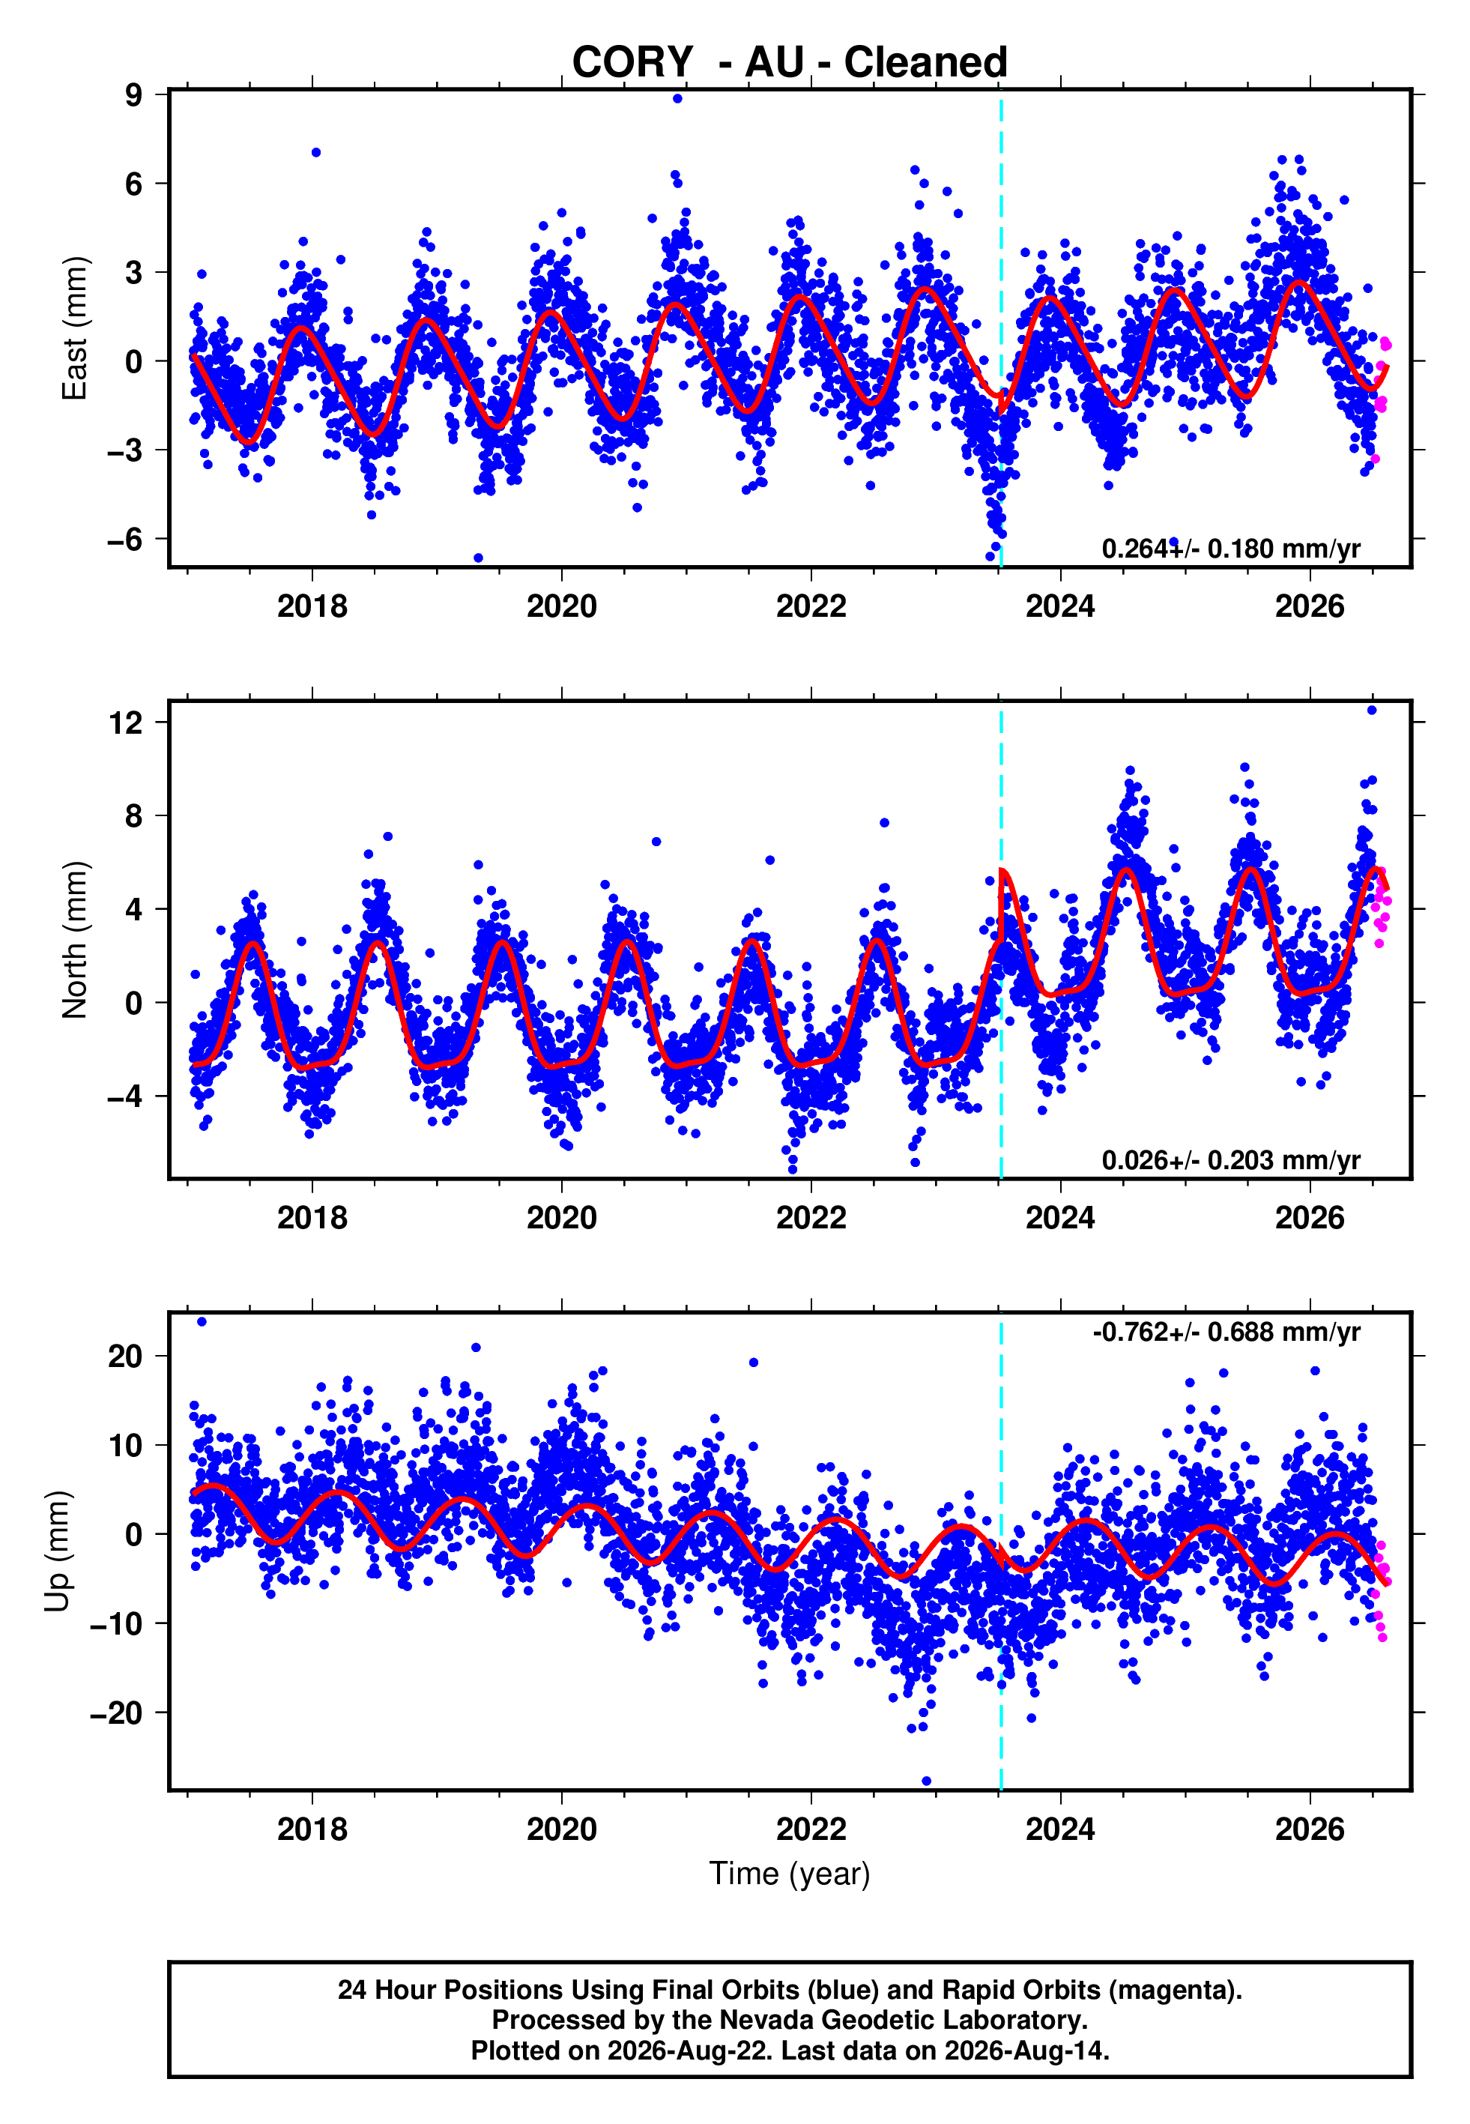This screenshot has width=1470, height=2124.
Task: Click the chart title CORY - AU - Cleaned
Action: pos(790,63)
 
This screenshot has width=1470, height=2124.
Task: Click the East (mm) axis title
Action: pos(75,328)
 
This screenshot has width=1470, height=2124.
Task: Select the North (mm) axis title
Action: pos(75,940)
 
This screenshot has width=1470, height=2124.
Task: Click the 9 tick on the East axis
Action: pos(134,94)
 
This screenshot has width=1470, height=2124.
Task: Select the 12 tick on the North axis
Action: pos(126,722)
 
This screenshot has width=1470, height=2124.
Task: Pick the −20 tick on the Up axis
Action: pos(117,1713)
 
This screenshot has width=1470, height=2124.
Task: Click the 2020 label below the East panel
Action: pos(562,606)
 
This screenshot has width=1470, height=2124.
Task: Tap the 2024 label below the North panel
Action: pos(1060,1218)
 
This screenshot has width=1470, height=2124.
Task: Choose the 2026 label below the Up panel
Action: pos(1310,1829)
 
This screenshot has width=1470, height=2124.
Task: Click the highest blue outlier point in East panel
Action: pos(678,98)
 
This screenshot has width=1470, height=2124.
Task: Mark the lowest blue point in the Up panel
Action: pos(927,1781)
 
